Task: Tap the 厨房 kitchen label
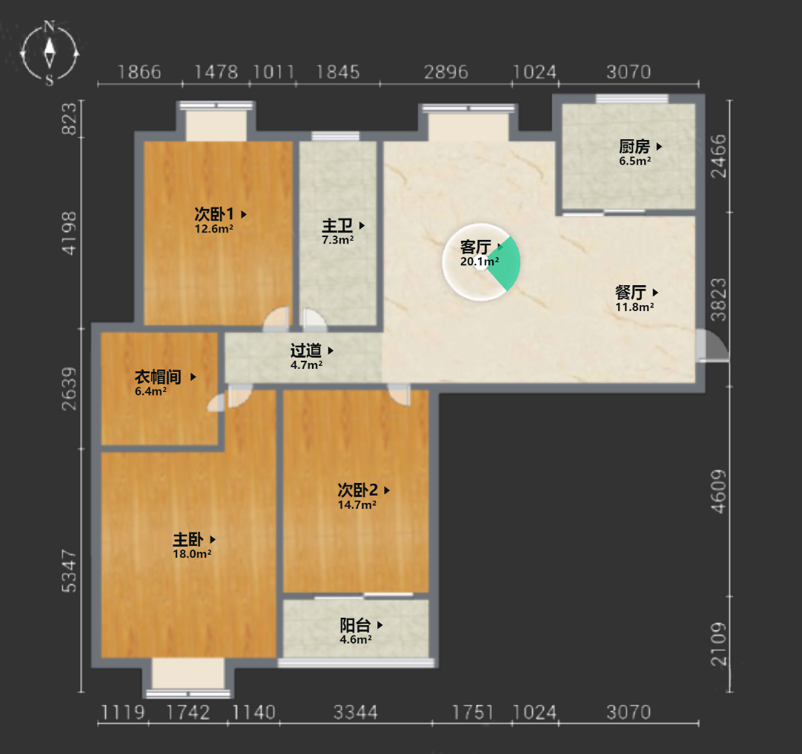point(634,147)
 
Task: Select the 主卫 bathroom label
point(337,225)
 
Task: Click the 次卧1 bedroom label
point(213,214)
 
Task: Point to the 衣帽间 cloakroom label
point(158,377)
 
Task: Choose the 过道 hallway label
point(306,350)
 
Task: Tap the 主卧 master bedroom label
point(188,539)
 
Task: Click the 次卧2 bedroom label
point(357,490)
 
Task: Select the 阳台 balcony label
point(356,625)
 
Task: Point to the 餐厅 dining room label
point(631,293)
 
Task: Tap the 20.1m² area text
point(480,261)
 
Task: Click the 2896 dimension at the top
point(446,72)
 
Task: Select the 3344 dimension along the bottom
point(356,712)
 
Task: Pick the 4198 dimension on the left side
point(69,233)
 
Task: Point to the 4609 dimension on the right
point(719,491)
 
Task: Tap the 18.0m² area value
point(192,554)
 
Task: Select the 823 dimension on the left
point(69,119)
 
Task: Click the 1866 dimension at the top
point(139,72)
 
